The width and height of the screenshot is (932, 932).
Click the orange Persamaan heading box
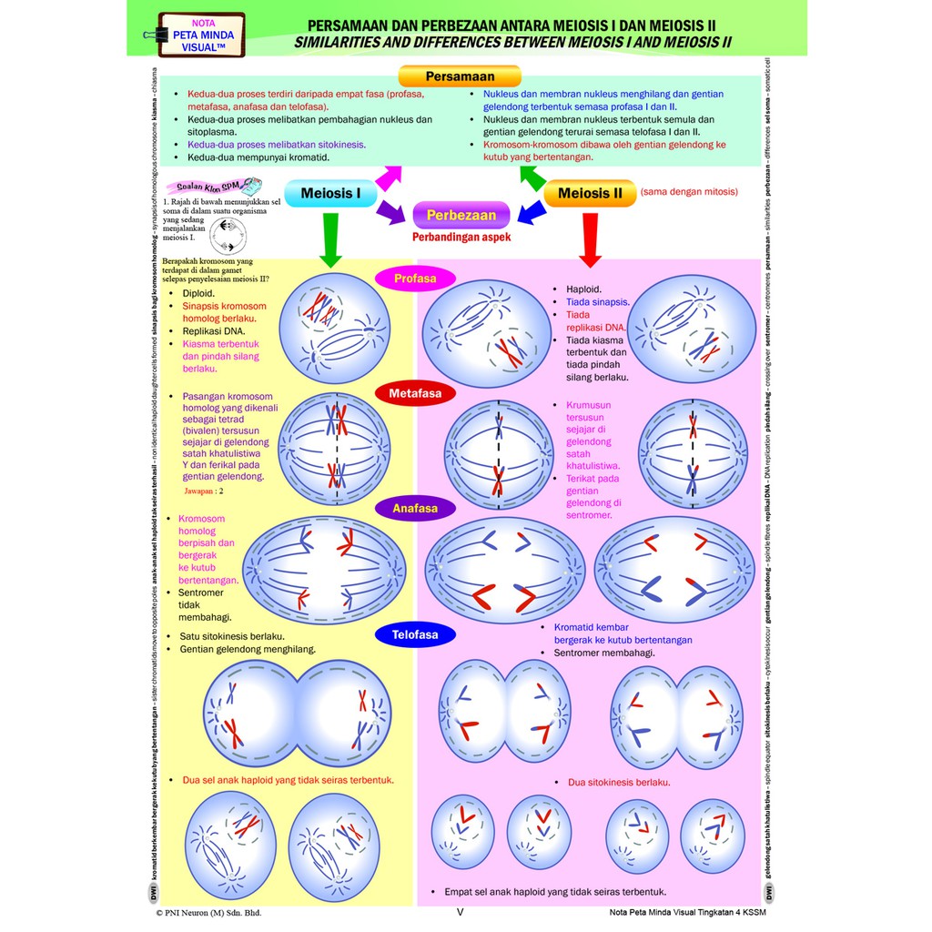coord(460,76)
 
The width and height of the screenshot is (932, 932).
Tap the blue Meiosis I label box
coord(330,194)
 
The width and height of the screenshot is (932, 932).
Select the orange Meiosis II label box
coord(590,194)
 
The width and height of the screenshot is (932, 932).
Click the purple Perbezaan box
coord(461,215)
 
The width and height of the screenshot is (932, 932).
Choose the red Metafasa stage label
coord(415,394)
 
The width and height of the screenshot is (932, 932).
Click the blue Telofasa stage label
coord(415,633)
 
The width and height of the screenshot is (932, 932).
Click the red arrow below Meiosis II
coord(590,239)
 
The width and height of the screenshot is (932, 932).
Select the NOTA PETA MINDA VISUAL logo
coord(201,35)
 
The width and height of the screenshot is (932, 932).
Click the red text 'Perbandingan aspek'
coord(461,237)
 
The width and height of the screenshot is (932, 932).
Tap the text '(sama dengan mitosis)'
coord(689,192)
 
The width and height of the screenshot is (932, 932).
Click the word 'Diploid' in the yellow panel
coord(198,294)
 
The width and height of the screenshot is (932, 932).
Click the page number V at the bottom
coord(460,911)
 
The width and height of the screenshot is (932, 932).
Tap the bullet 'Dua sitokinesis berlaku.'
coord(619,782)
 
